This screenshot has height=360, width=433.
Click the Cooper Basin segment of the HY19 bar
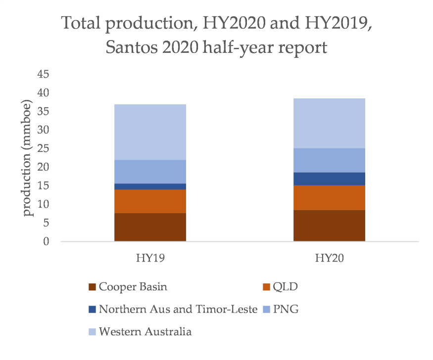point(150,227)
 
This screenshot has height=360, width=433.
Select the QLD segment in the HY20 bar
point(329,198)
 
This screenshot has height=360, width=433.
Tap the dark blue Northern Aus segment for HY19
point(150,186)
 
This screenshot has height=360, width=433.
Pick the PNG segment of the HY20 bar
point(329,160)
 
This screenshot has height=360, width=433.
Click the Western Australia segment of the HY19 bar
point(150,132)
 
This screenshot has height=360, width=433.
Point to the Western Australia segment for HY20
point(329,123)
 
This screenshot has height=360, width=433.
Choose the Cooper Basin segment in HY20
point(329,225)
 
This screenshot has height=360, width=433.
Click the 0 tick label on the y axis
point(46,242)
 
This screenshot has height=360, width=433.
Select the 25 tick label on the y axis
point(43,149)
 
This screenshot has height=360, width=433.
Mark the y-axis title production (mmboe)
point(28,159)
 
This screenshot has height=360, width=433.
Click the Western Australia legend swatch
point(92,332)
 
